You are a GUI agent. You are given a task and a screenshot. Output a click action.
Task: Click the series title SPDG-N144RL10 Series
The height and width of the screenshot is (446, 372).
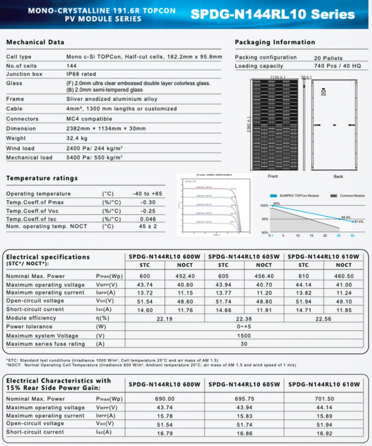[x=273, y=14]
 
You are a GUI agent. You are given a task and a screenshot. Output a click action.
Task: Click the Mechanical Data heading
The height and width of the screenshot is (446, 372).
[x=35, y=43]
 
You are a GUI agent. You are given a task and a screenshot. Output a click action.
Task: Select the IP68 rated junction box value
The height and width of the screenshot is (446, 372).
[x=82, y=74]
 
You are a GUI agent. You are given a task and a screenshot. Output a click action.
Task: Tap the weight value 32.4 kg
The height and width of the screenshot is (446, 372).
[x=75, y=138]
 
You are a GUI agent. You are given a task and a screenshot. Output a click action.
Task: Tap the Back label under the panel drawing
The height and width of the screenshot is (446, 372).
[x=338, y=176]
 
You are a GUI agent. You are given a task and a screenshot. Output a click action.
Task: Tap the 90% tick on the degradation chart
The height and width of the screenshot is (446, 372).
[x=264, y=219]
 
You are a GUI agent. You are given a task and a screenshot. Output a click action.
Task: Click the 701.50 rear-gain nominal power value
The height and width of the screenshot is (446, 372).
[x=324, y=399]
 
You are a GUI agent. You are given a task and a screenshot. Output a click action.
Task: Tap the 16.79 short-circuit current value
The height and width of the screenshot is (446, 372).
[x=164, y=432]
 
